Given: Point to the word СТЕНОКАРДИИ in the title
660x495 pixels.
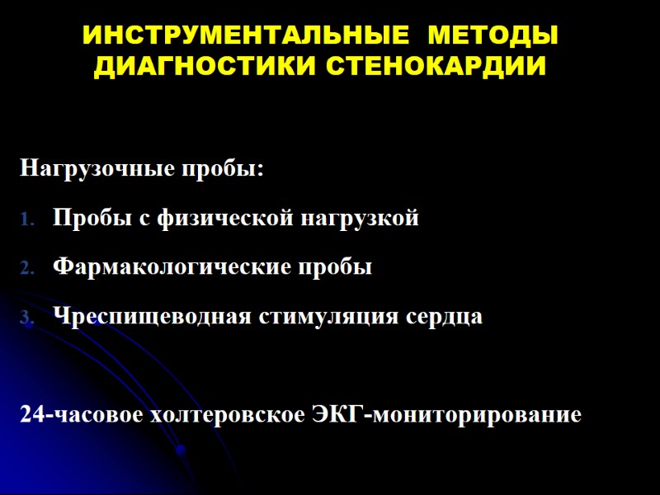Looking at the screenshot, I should click(x=437, y=67).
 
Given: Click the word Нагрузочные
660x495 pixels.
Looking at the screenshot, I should click(x=96, y=171).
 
